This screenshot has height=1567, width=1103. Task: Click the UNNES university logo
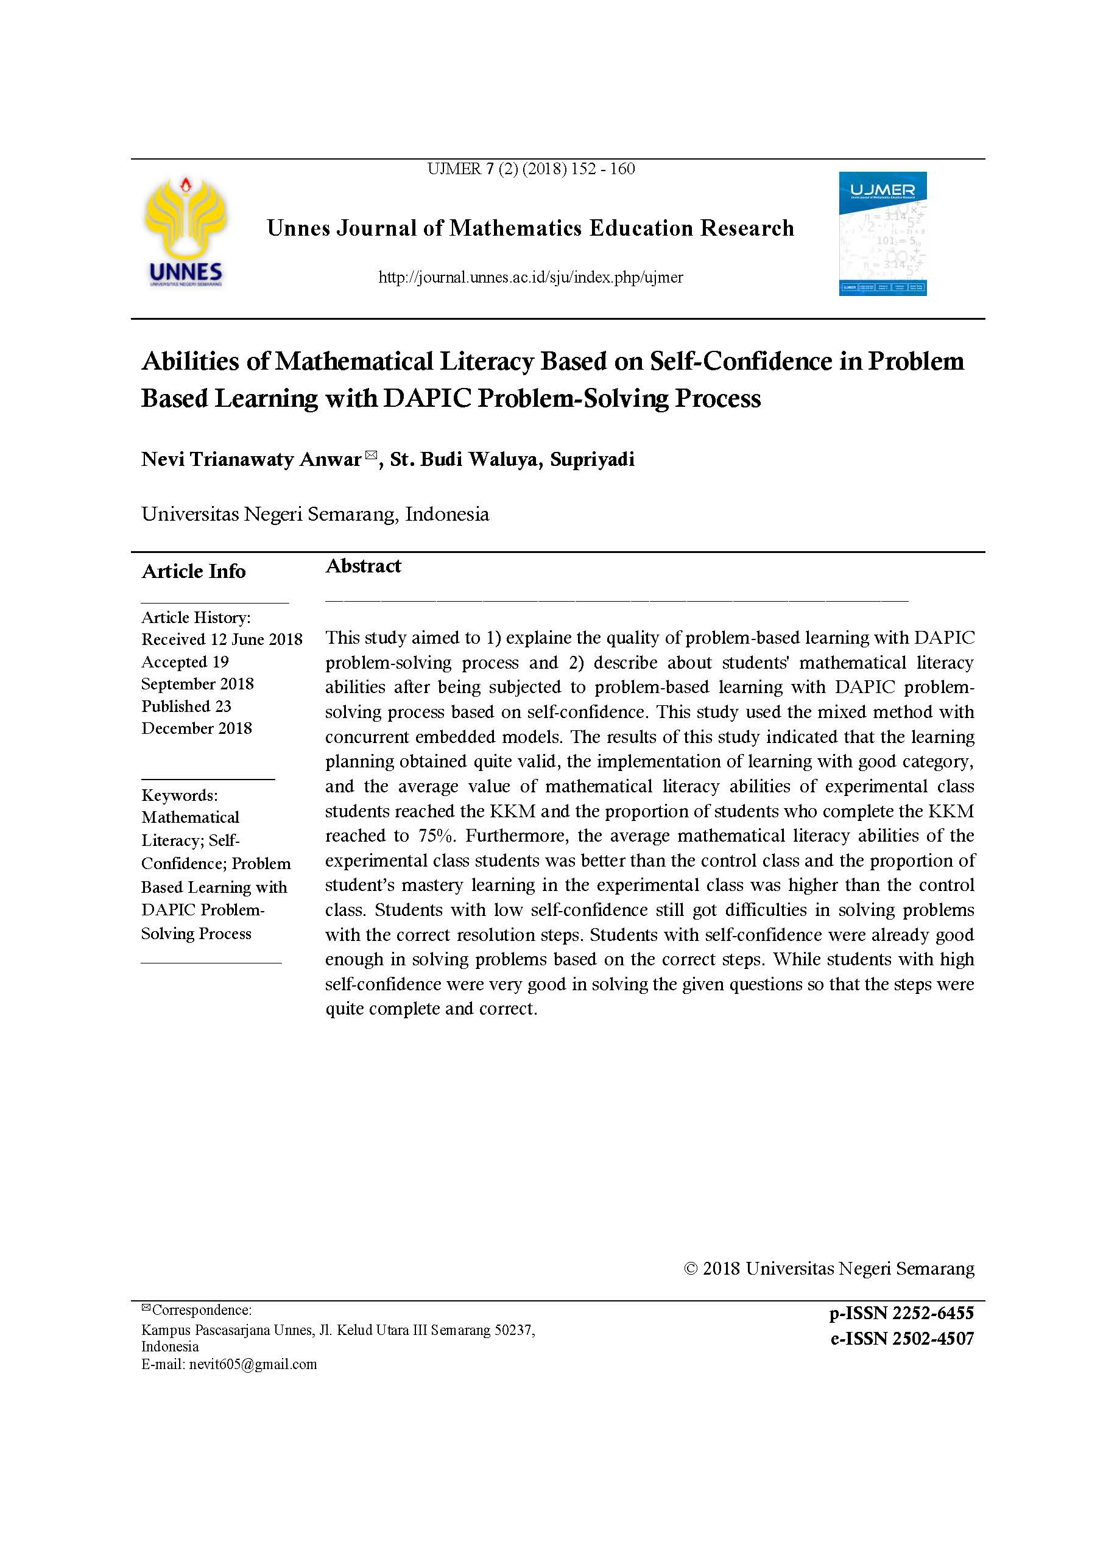(x=185, y=231)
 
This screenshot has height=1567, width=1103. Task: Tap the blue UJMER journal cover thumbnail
(x=882, y=233)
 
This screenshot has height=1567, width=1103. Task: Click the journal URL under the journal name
(x=530, y=277)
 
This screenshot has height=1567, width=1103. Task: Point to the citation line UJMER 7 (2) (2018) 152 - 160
(x=530, y=169)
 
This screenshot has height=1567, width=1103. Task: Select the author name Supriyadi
(x=592, y=459)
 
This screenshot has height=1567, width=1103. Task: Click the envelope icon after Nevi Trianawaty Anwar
(x=371, y=454)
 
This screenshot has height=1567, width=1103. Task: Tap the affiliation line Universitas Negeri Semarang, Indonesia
(x=315, y=514)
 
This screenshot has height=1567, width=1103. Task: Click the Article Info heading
(x=193, y=571)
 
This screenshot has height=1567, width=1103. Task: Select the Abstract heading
(x=362, y=566)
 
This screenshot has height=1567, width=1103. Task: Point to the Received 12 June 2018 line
(x=222, y=639)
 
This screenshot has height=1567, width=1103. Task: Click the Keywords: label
(x=180, y=795)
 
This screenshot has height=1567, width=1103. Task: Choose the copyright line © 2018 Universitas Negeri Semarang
(x=828, y=1268)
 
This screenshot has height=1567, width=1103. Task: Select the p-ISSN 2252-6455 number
(x=901, y=1312)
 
